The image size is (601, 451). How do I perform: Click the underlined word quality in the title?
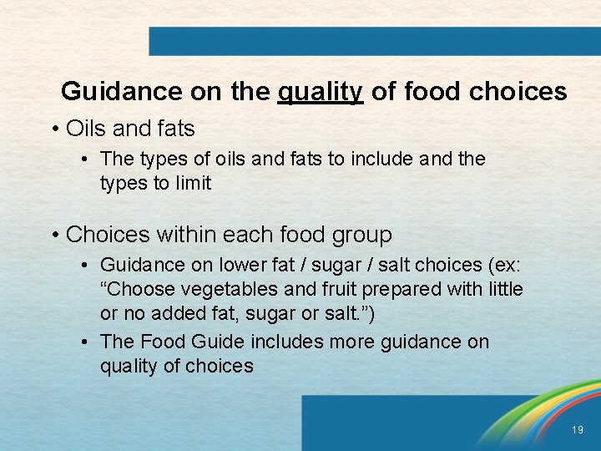(320, 91)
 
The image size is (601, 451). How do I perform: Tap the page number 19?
(578, 429)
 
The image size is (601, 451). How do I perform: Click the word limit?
(194, 183)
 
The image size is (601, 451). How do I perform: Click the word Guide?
(216, 342)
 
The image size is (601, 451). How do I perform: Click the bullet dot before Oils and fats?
(54, 129)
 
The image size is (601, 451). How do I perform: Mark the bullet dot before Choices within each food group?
(54, 236)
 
